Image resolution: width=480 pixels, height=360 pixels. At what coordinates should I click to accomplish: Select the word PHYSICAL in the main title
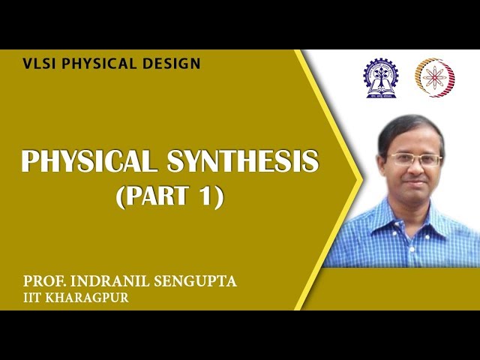tap(84, 163)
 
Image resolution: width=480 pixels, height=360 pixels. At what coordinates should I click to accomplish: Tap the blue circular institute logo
tap(381, 76)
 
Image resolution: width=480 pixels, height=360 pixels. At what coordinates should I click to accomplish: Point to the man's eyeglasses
tap(413, 159)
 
